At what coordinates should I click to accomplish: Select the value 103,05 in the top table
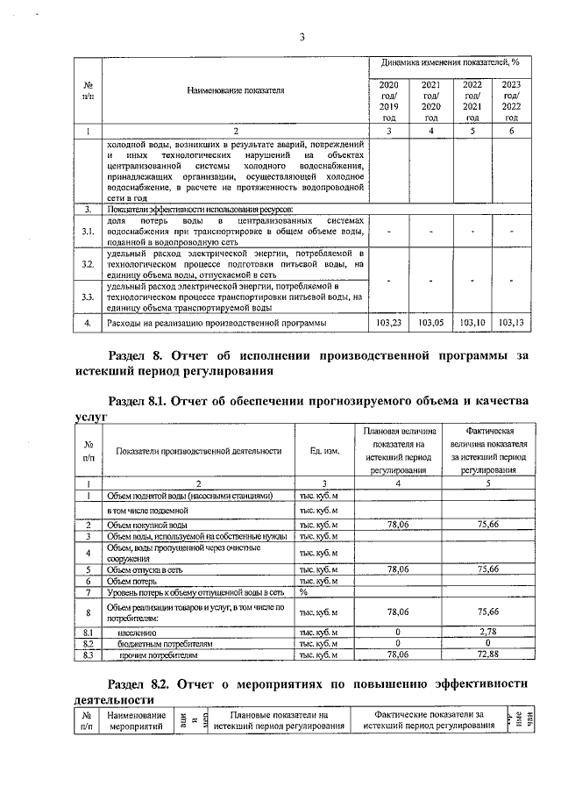(430, 323)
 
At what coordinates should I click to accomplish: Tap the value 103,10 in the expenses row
(472, 323)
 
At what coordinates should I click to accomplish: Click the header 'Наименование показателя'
(235, 91)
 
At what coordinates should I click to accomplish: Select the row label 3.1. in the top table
(88, 232)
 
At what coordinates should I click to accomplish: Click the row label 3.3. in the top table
(88, 297)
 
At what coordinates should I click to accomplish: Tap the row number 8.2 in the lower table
(88, 642)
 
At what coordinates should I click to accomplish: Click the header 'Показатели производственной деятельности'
(198, 451)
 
